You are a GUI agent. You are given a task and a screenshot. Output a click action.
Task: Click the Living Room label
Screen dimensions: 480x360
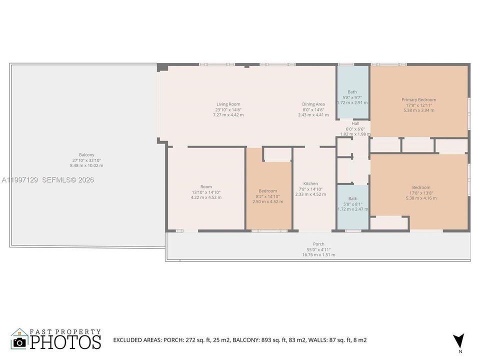[x=228, y=104]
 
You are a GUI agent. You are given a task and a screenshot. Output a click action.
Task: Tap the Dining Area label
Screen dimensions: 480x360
[x=313, y=104]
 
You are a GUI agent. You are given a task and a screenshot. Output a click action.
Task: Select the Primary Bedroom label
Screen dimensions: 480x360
[x=419, y=99]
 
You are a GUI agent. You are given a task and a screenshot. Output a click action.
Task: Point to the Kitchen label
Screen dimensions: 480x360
[x=310, y=183]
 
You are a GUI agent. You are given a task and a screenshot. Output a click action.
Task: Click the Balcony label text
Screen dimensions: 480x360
[x=86, y=155]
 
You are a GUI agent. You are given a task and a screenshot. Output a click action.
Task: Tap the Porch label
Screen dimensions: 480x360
[x=318, y=244]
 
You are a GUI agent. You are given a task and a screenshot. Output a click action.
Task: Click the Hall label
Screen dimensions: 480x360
[x=355, y=123]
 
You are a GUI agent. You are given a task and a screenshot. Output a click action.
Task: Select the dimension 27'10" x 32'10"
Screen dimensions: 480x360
[x=86, y=160]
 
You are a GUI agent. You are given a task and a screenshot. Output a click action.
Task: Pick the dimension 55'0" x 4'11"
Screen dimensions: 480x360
[x=318, y=249]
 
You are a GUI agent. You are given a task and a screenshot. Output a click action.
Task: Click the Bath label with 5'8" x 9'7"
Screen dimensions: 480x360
[x=352, y=92]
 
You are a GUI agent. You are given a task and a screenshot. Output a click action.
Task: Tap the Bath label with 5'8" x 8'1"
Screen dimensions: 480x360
[x=353, y=198]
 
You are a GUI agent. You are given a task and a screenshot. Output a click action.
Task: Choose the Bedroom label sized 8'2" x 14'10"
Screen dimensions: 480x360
[x=268, y=191]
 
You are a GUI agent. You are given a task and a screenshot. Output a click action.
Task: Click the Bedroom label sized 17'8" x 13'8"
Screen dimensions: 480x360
[x=421, y=187]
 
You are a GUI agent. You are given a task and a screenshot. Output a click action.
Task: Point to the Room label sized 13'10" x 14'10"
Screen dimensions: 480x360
[x=206, y=186]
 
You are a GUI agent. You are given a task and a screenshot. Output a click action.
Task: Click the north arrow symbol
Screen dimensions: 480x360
[x=458, y=340]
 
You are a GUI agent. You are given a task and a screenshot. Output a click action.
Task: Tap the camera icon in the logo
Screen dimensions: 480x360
[x=19, y=342]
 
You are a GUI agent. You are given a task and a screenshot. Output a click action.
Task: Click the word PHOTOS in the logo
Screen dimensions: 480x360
[x=65, y=342]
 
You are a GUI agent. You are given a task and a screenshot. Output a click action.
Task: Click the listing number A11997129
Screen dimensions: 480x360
[x=19, y=179]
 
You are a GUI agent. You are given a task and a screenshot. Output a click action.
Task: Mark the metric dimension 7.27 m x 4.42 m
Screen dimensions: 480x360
[x=228, y=115]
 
